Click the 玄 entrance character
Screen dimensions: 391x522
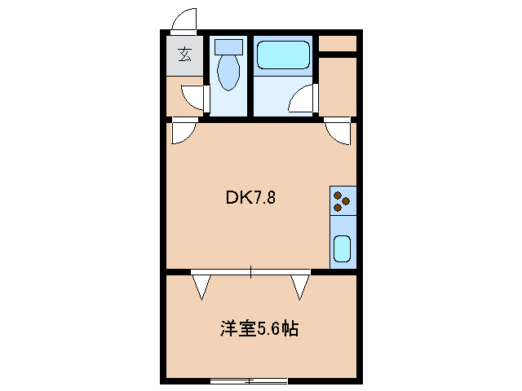tap(185, 55)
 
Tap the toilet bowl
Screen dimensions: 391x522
tap(229, 73)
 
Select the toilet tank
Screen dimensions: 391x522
tap(229, 48)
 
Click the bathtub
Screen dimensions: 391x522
tap(283, 55)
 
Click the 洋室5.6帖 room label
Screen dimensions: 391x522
tap(259, 329)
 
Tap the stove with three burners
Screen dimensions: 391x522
tap(343, 200)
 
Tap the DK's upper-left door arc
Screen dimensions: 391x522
tap(184, 131)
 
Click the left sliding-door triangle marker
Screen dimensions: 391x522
tap(201, 286)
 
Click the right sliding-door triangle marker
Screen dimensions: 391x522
tap(300, 286)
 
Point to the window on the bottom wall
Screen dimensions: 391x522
tap(249, 380)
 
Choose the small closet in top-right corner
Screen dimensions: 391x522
tap(337, 43)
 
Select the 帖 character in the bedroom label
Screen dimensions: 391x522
tap(290, 329)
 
